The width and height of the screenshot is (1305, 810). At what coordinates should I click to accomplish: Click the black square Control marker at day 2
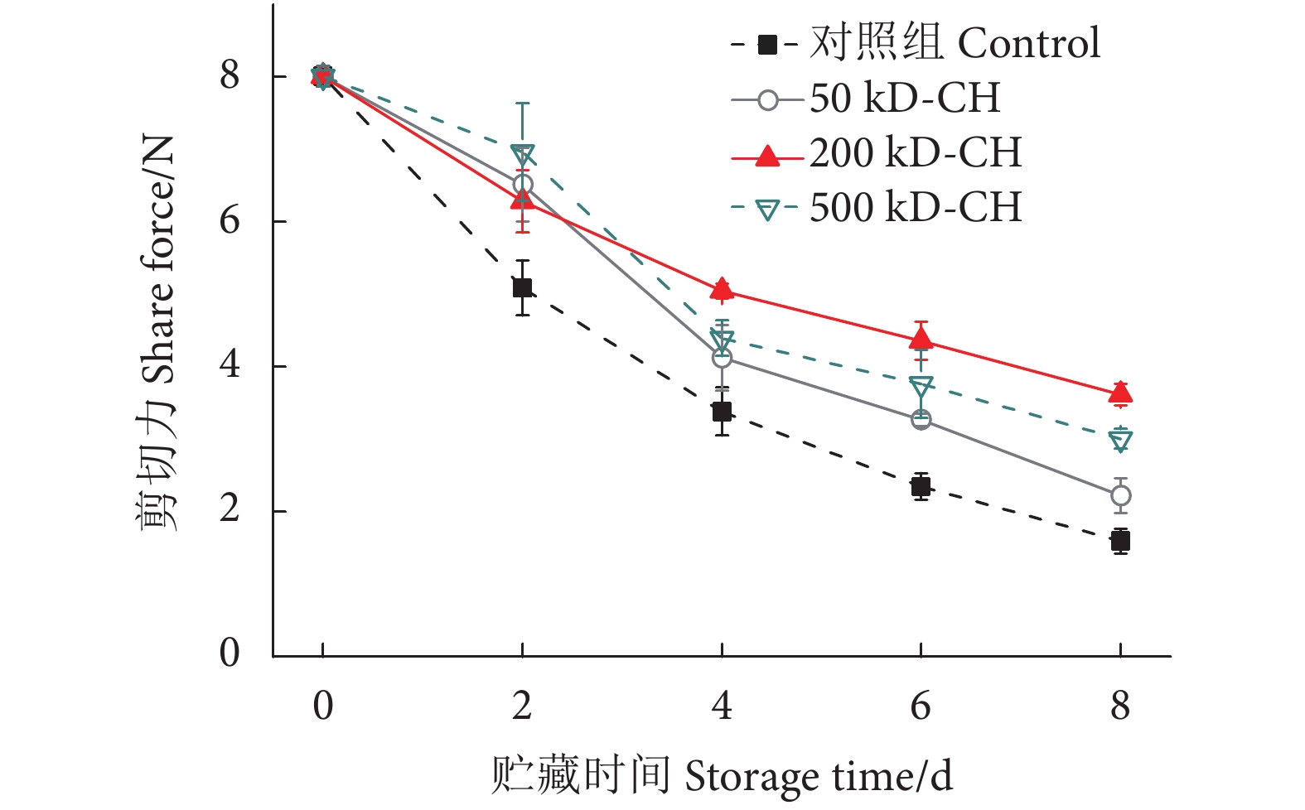coord(522,288)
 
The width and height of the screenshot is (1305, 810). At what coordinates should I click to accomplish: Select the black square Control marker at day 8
coord(1120,542)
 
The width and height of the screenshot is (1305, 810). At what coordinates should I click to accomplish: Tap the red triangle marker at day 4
coord(722,289)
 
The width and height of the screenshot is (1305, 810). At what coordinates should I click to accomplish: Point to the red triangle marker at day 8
coord(1120,393)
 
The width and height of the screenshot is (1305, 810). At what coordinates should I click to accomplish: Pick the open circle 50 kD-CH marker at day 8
coord(1120,496)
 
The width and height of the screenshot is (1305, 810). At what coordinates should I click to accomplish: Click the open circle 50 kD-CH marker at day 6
coord(921,420)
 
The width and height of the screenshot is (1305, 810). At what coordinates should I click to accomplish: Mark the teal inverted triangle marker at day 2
coord(522,155)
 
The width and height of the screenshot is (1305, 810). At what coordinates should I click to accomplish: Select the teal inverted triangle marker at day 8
coord(1120,441)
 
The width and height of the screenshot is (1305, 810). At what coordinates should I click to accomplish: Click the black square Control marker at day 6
coord(921,486)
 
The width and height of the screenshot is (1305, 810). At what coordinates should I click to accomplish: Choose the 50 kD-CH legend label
coord(905,99)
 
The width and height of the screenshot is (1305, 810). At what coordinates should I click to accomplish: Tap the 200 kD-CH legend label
coord(916,153)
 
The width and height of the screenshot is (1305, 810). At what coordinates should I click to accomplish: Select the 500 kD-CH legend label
coord(916,208)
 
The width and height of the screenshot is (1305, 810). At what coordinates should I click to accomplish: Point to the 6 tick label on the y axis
coord(230,220)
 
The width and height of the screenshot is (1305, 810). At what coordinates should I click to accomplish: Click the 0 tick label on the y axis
coord(230,653)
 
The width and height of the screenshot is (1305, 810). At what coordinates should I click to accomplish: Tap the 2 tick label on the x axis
coord(522,706)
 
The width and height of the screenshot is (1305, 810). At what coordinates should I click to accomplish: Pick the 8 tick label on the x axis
coord(1120,706)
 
